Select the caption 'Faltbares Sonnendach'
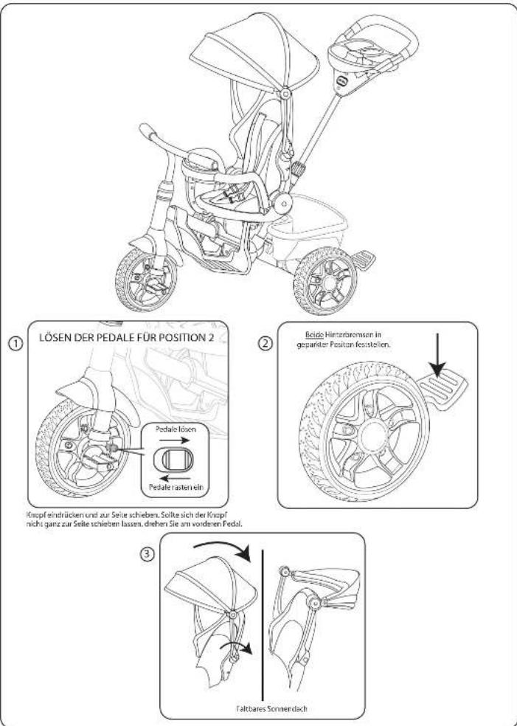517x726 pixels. [263, 709]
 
